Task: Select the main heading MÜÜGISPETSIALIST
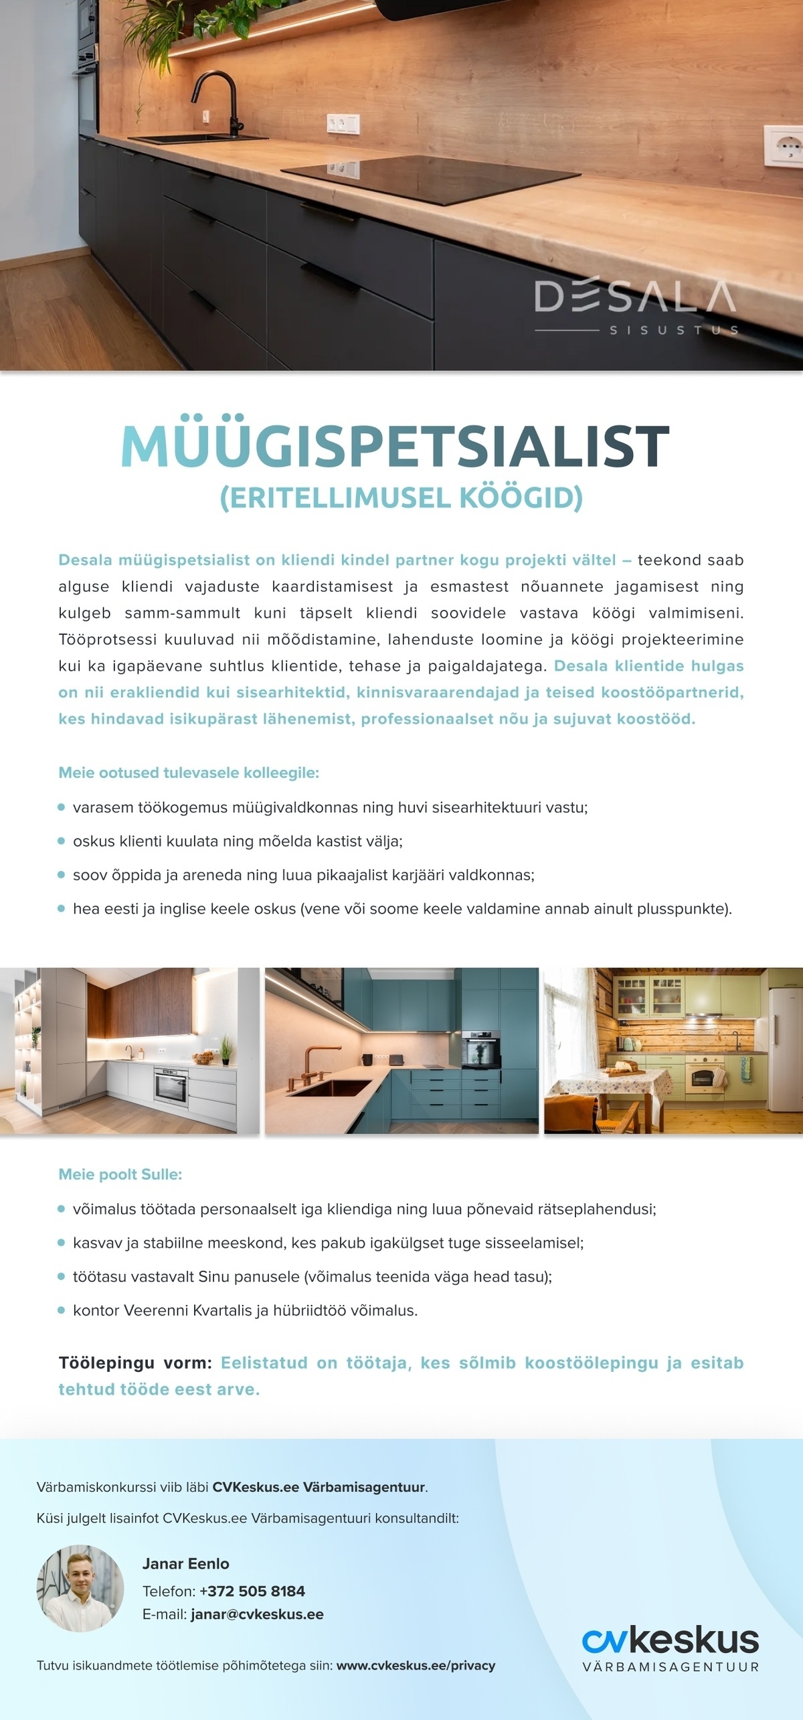pos(395,446)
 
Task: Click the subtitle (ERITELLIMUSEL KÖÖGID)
pos(401,497)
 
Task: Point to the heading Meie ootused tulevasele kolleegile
pos(189,773)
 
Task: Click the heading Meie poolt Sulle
pos(120,1174)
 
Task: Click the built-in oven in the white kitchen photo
pos(171,1083)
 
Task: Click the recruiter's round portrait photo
pos(80,1588)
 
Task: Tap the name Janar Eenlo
pos(185,1563)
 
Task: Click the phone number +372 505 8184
pos(252,1591)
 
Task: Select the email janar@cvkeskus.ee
pos(257,1614)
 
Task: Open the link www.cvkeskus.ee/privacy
pos(416,1665)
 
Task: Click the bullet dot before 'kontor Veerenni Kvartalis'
pos(62,1310)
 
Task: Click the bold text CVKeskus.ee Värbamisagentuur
pos(319,1487)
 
